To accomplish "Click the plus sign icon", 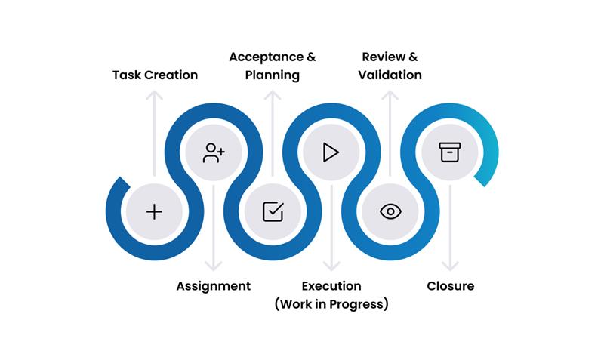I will click(x=154, y=211).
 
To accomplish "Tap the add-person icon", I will click(x=214, y=152).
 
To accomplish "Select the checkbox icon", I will click(x=273, y=211).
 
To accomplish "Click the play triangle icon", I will click(x=331, y=152).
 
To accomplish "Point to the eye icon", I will click(x=390, y=211).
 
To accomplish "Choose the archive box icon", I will click(x=450, y=152).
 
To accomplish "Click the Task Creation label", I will click(x=155, y=75).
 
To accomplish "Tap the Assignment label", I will click(x=214, y=286).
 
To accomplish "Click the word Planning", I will click(x=273, y=75).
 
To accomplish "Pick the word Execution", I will click(x=331, y=286).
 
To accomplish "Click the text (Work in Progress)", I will click(x=331, y=304).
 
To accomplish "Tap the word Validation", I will click(x=390, y=75).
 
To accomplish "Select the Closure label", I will click(x=451, y=286).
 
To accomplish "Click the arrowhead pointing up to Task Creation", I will click(x=154, y=94).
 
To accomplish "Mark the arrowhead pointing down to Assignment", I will click(x=214, y=267).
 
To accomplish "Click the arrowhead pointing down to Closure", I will click(x=450, y=267).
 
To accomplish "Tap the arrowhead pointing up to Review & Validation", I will click(x=390, y=94).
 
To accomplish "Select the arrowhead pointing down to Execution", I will click(x=331, y=267).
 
